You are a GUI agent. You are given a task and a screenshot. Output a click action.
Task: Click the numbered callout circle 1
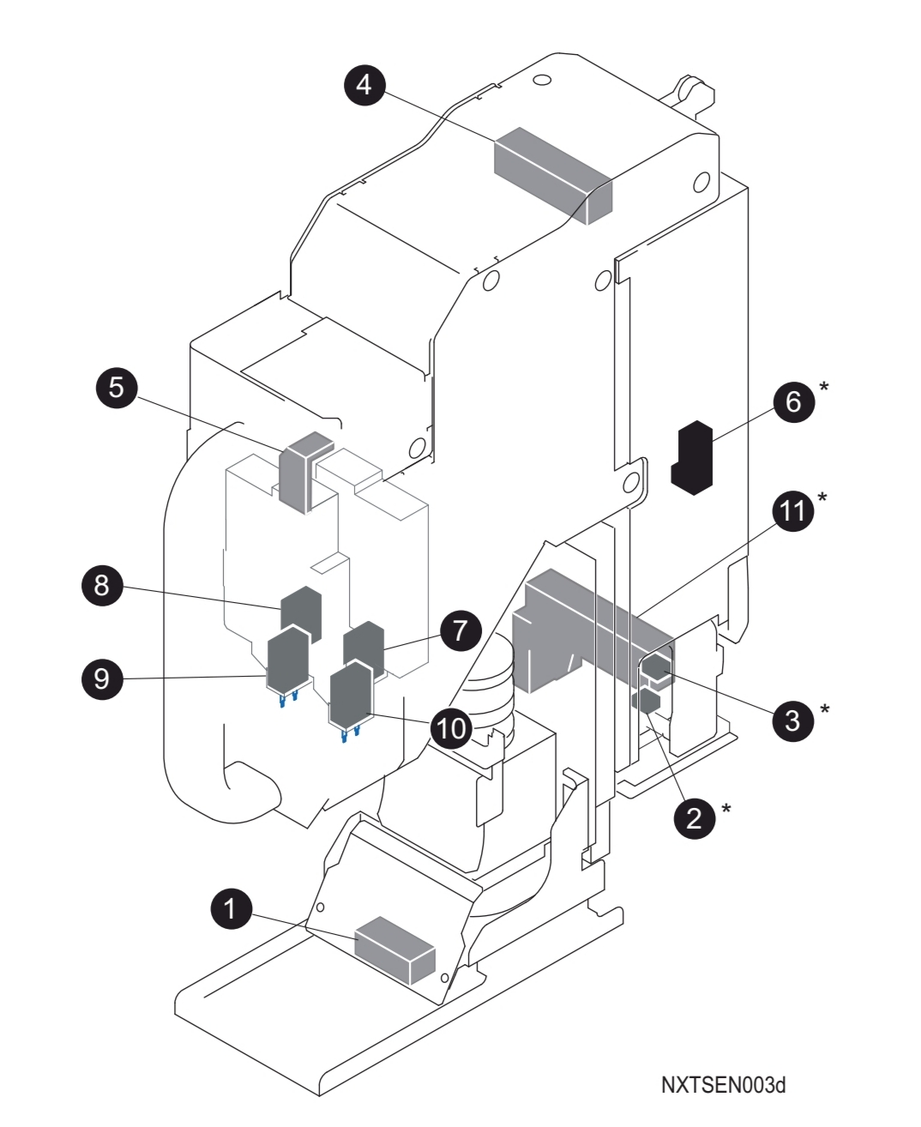[231, 907]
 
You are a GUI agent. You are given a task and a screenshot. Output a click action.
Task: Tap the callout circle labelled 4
[364, 85]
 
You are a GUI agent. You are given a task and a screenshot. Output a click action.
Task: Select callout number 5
[117, 387]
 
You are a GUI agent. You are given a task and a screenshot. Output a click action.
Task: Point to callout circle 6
[793, 401]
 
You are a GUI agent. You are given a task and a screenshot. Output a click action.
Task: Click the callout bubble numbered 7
[461, 630]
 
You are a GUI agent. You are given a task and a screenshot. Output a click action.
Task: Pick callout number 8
[102, 586]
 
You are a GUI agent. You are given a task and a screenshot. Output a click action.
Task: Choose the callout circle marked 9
[102, 678]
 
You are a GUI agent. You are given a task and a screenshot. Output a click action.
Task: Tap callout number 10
[451, 727]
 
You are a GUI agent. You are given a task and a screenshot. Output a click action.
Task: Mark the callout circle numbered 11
[792, 511]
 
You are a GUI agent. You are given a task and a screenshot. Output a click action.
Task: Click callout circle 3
[792, 719]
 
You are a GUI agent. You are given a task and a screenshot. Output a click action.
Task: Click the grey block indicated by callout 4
[553, 175]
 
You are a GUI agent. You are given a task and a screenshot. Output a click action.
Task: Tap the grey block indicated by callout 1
[395, 949]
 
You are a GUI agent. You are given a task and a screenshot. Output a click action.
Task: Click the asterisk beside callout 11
[823, 497]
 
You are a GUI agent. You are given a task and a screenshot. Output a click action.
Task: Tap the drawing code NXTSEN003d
[723, 1085]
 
